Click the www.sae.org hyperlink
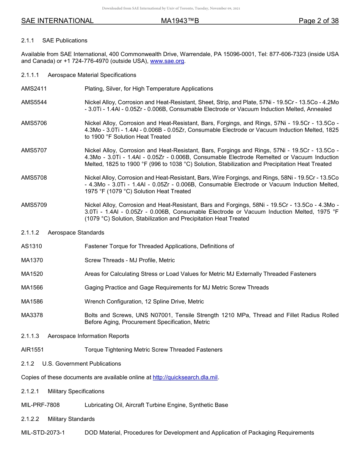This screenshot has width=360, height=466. point(167,61)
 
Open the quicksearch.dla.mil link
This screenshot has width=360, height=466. point(185,377)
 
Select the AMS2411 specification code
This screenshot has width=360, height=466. point(34,89)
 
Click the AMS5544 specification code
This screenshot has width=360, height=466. point(34,102)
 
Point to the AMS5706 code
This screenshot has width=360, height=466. point(34,123)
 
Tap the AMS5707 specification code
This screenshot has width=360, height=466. point(34,150)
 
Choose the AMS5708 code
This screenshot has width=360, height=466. point(34,178)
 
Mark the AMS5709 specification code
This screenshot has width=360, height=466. point(34,205)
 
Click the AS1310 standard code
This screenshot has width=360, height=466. point(31,246)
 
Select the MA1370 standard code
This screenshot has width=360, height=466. point(32,260)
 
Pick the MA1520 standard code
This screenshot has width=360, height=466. point(32,274)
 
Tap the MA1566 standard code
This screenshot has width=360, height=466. point(32,288)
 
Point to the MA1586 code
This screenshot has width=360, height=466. point(32,302)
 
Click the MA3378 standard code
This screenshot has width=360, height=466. point(32,315)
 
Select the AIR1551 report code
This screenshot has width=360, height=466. point(32,350)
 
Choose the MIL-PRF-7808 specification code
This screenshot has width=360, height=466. point(40,405)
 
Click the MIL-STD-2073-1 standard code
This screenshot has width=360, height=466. point(43,433)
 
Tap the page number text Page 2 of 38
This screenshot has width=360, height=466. point(318,21)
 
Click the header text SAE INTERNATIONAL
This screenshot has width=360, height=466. point(57,21)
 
